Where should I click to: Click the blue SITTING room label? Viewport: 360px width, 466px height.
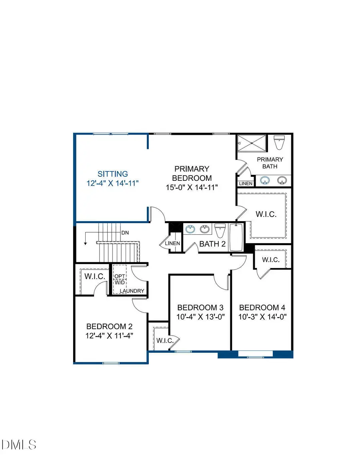tap(113, 174)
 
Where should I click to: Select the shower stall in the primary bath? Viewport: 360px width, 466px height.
tap(252, 143)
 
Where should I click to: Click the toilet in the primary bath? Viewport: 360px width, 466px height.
tap(279, 142)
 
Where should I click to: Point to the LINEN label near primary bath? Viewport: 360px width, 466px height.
tap(246, 184)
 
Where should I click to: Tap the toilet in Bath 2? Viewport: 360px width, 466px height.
tap(220, 231)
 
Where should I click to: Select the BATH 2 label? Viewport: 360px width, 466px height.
tap(212, 244)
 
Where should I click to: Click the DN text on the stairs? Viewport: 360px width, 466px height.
tap(124, 232)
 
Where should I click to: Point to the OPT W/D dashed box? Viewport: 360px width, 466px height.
tap(120, 279)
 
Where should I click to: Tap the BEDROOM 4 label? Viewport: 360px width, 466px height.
tap(262, 308)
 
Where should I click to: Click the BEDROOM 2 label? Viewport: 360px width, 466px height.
tap(109, 326)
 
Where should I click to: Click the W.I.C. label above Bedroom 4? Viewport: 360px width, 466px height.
tap(271, 260)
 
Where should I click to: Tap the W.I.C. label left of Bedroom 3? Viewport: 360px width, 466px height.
tap(164, 341)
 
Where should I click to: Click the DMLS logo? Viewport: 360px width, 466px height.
tap(19, 444)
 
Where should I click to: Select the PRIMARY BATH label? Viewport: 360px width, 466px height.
tap(272, 163)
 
